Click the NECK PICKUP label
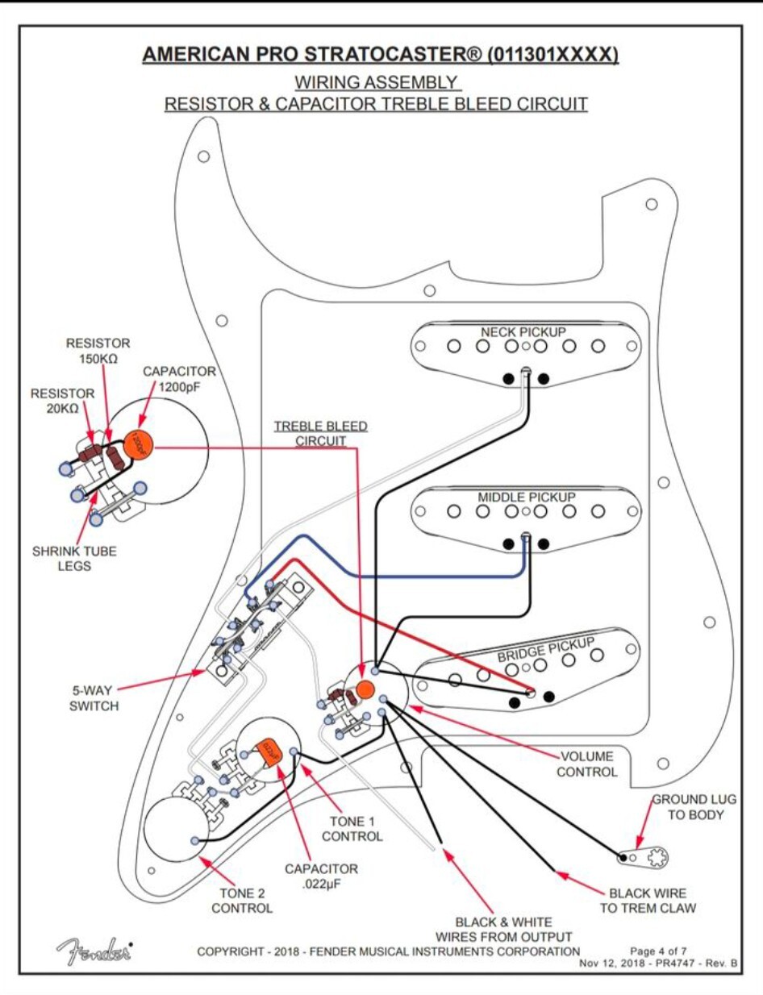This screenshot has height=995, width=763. pyautogui.click(x=523, y=332)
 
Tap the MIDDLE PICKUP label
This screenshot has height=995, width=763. pyautogui.click(x=526, y=497)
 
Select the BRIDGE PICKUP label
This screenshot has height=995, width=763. pyautogui.click(x=545, y=649)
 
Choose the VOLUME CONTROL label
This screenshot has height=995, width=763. pyautogui.click(x=586, y=764)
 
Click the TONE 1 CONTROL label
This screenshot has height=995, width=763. pyautogui.click(x=352, y=829)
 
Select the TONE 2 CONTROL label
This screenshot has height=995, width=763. pyautogui.click(x=242, y=901)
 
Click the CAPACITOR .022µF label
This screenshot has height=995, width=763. pyautogui.click(x=320, y=876)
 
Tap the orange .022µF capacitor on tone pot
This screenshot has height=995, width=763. pyautogui.click(x=267, y=752)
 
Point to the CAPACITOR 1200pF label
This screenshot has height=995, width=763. pyautogui.click(x=179, y=378)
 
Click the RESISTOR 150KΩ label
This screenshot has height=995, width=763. pyautogui.click(x=98, y=351)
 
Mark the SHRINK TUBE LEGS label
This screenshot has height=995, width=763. pyautogui.click(x=62, y=558)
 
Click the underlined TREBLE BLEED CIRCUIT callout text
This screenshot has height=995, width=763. pyautogui.click(x=320, y=433)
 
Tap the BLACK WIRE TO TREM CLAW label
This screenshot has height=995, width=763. pyautogui.click(x=648, y=901)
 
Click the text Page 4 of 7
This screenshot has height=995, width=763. pyautogui.click(x=658, y=951)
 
